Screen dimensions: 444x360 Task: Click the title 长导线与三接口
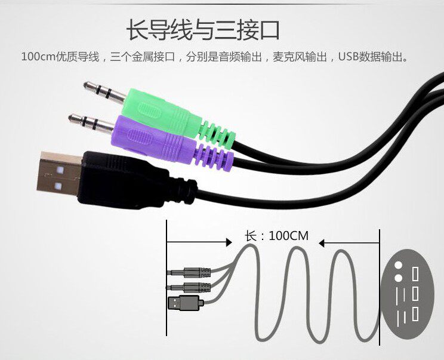203,30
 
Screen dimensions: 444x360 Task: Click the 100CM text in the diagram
289,235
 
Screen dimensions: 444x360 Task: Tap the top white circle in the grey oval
399,266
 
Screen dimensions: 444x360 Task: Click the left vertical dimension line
167,281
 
